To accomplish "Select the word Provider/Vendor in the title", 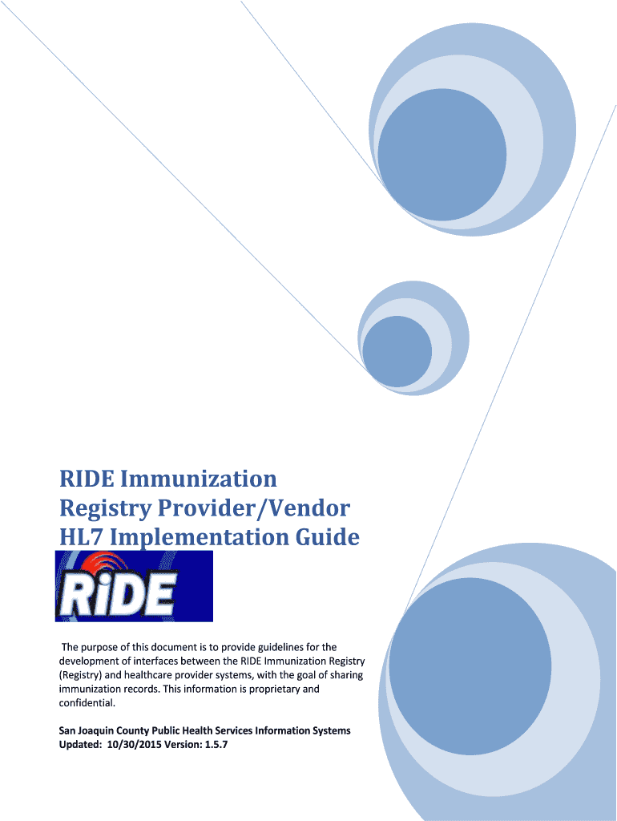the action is tap(254, 508).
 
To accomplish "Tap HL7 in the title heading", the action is tap(81, 537).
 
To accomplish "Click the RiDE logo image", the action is tap(134, 586).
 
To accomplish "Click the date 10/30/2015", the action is tap(133, 744).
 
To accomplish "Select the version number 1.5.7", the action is tap(216, 744).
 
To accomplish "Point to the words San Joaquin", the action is tap(87, 730).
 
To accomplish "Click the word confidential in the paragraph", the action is tap(87, 702).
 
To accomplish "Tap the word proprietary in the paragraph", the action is tap(274, 689).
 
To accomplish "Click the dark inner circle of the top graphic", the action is tap(442, 155).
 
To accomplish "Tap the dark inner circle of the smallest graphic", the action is tap(397, 351).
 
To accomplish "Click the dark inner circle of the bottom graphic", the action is tap(470, 668).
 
